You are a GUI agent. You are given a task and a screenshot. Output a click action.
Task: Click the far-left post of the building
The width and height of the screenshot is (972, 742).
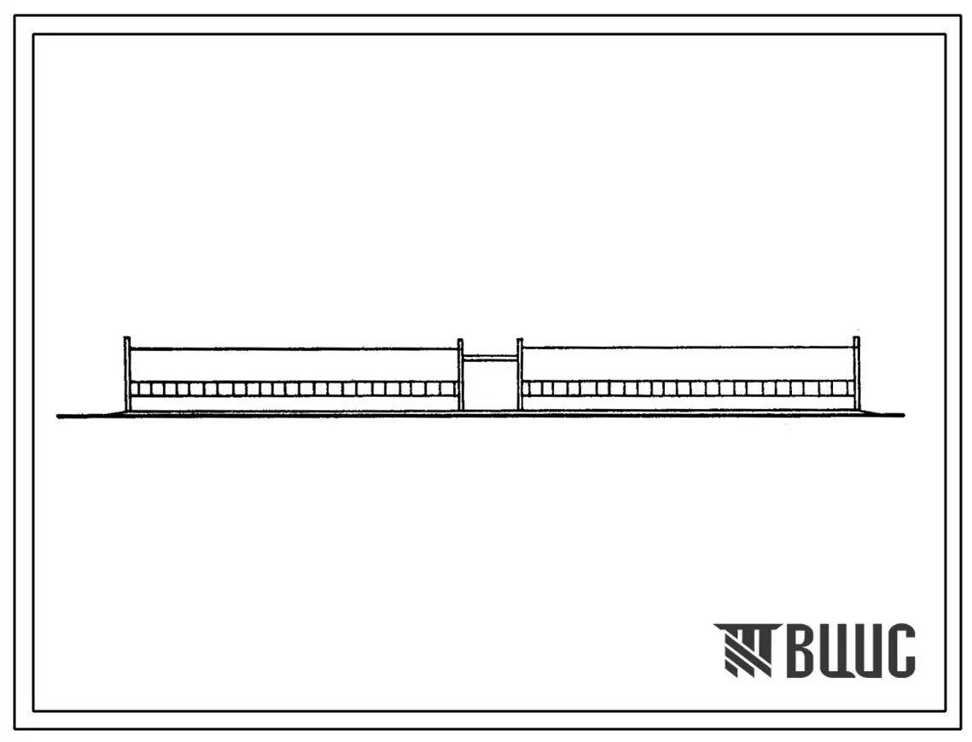pos(127,373)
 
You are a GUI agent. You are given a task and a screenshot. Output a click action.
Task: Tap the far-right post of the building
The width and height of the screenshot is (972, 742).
pos(857,373)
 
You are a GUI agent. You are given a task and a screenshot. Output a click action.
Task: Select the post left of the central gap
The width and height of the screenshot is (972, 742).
pos(461,375)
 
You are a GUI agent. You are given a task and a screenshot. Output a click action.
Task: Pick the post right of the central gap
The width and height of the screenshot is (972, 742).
pos(520,375)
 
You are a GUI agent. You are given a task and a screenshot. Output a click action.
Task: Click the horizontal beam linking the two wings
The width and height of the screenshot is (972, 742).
pos(491,358)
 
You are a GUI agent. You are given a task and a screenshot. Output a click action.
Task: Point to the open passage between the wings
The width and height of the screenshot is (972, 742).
pos(491,384)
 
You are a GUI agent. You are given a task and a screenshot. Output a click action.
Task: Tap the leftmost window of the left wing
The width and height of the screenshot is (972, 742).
pos(137,389)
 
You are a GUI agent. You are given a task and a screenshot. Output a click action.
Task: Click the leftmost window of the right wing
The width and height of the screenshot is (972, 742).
pos(529,389)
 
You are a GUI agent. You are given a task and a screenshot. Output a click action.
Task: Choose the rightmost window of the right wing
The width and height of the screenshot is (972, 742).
pos(847,389)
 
